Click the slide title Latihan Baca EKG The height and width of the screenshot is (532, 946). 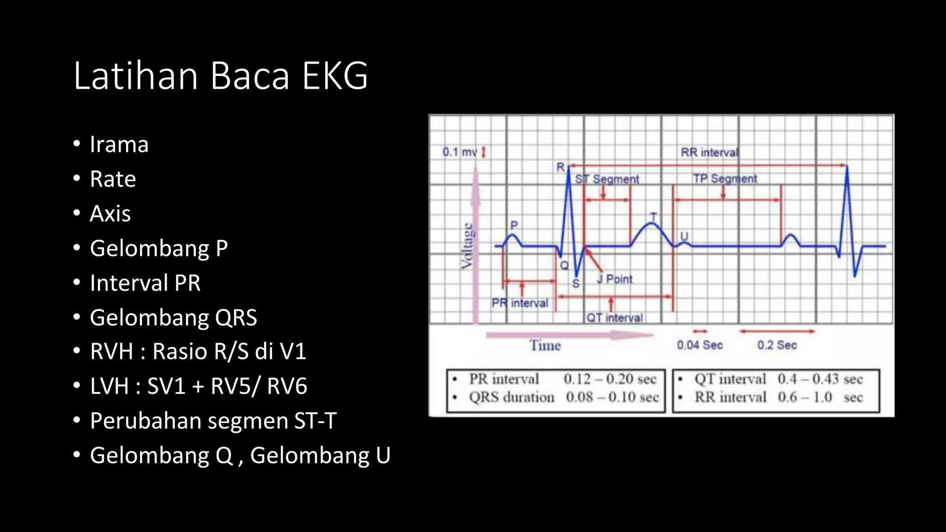tap(220, 75)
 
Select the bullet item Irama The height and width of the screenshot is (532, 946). tap(119, 144)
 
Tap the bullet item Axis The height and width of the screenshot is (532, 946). tap(110, 213)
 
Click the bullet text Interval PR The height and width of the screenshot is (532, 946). tap(145, 283)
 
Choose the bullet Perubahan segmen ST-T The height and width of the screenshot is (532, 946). tap(213, 421)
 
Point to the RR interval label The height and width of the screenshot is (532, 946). tap(709, 152)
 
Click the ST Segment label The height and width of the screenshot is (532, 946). tap(607, 179)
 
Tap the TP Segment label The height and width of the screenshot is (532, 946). tap(725, 179)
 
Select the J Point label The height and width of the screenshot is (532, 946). tap(614, 279)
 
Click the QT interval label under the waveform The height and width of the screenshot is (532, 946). tap(614, 318)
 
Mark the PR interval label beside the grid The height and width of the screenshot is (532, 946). tap(520, 303)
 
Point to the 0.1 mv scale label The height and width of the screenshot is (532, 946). tap(460, 152)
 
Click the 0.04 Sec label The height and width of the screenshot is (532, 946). tap(699, 345)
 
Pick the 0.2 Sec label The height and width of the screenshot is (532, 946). tap(777, 345)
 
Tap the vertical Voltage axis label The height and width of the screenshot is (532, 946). tap(467, 246)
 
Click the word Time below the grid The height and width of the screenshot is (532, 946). tap(545, 345)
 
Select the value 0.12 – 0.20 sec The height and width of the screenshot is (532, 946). tap(610, 379)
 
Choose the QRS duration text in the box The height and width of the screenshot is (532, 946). tap(511, 397)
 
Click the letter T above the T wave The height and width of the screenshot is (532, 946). tap(653, 217)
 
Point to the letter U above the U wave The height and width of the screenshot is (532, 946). tap(684, 236)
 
